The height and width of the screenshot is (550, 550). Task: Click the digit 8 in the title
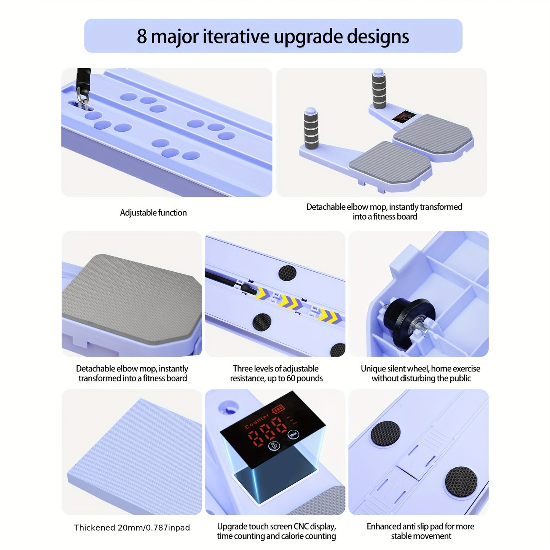coord(142,36)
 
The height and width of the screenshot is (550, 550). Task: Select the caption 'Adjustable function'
coord(153,213)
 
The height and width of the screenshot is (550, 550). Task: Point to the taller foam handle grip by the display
coord(379,89)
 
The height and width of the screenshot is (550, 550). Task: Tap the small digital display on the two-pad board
coord(403,117)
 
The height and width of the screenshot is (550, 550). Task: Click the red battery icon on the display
coord(278,410)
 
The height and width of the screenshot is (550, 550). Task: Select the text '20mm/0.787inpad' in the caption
coord(154,528)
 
